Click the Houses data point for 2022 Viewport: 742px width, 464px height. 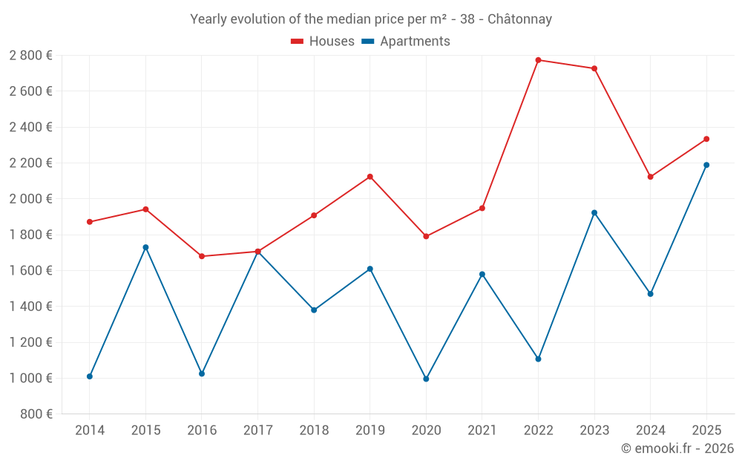tap(538, 60)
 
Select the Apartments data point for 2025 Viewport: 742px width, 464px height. tap(706, 165)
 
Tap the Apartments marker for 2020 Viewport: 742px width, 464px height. tap(426, 379)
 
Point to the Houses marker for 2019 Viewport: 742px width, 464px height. tap(370, 177)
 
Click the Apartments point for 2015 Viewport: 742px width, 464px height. tap(145, 247)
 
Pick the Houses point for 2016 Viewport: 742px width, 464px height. tap(202, 256)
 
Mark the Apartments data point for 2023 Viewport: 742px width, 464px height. tap(594, 212)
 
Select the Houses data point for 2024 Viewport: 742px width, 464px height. tap(650, 177)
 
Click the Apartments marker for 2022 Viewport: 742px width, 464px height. tap(538, 359)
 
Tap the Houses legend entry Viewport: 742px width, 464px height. tap(323, 42)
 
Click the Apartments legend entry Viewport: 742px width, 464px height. tap(406, 42)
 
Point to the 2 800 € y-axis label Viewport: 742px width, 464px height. tap(30, 56)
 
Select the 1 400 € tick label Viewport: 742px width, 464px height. tap(30, 307)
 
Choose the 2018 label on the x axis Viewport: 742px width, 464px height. tap(314, 431)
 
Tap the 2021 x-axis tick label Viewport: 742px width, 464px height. tap(482, 431)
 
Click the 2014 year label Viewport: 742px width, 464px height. tap(90, 431)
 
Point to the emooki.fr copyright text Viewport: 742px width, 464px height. tap(677, 448)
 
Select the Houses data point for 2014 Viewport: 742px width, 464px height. tap(90, 222)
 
